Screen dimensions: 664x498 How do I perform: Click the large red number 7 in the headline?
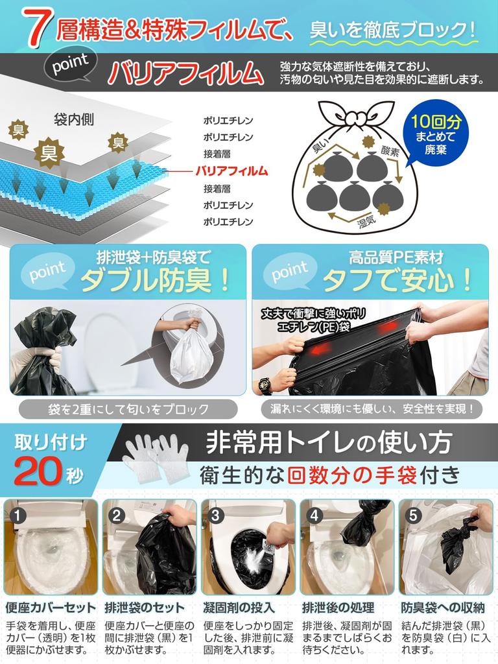click(x=37, y=29)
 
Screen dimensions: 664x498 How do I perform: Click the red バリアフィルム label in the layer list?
click(x=231, y=171)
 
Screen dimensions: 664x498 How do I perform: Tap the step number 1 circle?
click(x=19, y=516)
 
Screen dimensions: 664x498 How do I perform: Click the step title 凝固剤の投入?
click(x=239, y=608)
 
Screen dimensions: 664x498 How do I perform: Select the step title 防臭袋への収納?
click(x=442, y=608)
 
